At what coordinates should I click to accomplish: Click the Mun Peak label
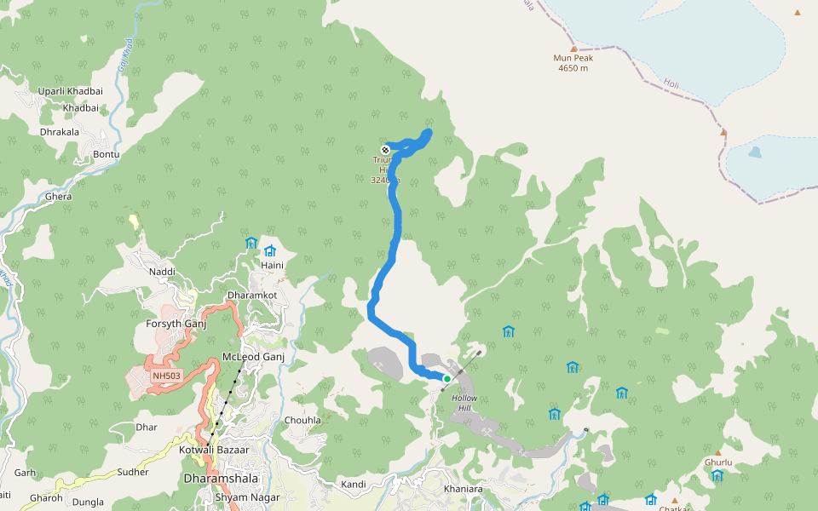(573, 59)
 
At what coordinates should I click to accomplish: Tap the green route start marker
(446, 379)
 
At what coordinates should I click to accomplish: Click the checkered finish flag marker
(385, 150)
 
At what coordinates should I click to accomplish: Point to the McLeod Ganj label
(252, 357)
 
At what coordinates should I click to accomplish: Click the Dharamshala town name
(221, 479)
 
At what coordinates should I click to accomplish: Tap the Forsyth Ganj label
(176, 324)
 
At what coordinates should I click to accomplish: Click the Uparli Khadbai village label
(70, 92)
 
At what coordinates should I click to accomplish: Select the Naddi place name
(162, 272)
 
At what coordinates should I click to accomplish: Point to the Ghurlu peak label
(718, 462)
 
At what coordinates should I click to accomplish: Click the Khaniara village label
(463, 489)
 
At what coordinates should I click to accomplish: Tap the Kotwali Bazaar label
(214, 449)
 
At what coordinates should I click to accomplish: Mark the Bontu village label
(107, 154)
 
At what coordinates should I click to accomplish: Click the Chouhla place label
(302, 420)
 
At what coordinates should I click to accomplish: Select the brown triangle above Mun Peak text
(573, 49)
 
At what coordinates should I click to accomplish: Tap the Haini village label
(272, 266)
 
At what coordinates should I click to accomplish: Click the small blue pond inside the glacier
(755, 153)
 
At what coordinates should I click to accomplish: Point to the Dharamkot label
(251, 295)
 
